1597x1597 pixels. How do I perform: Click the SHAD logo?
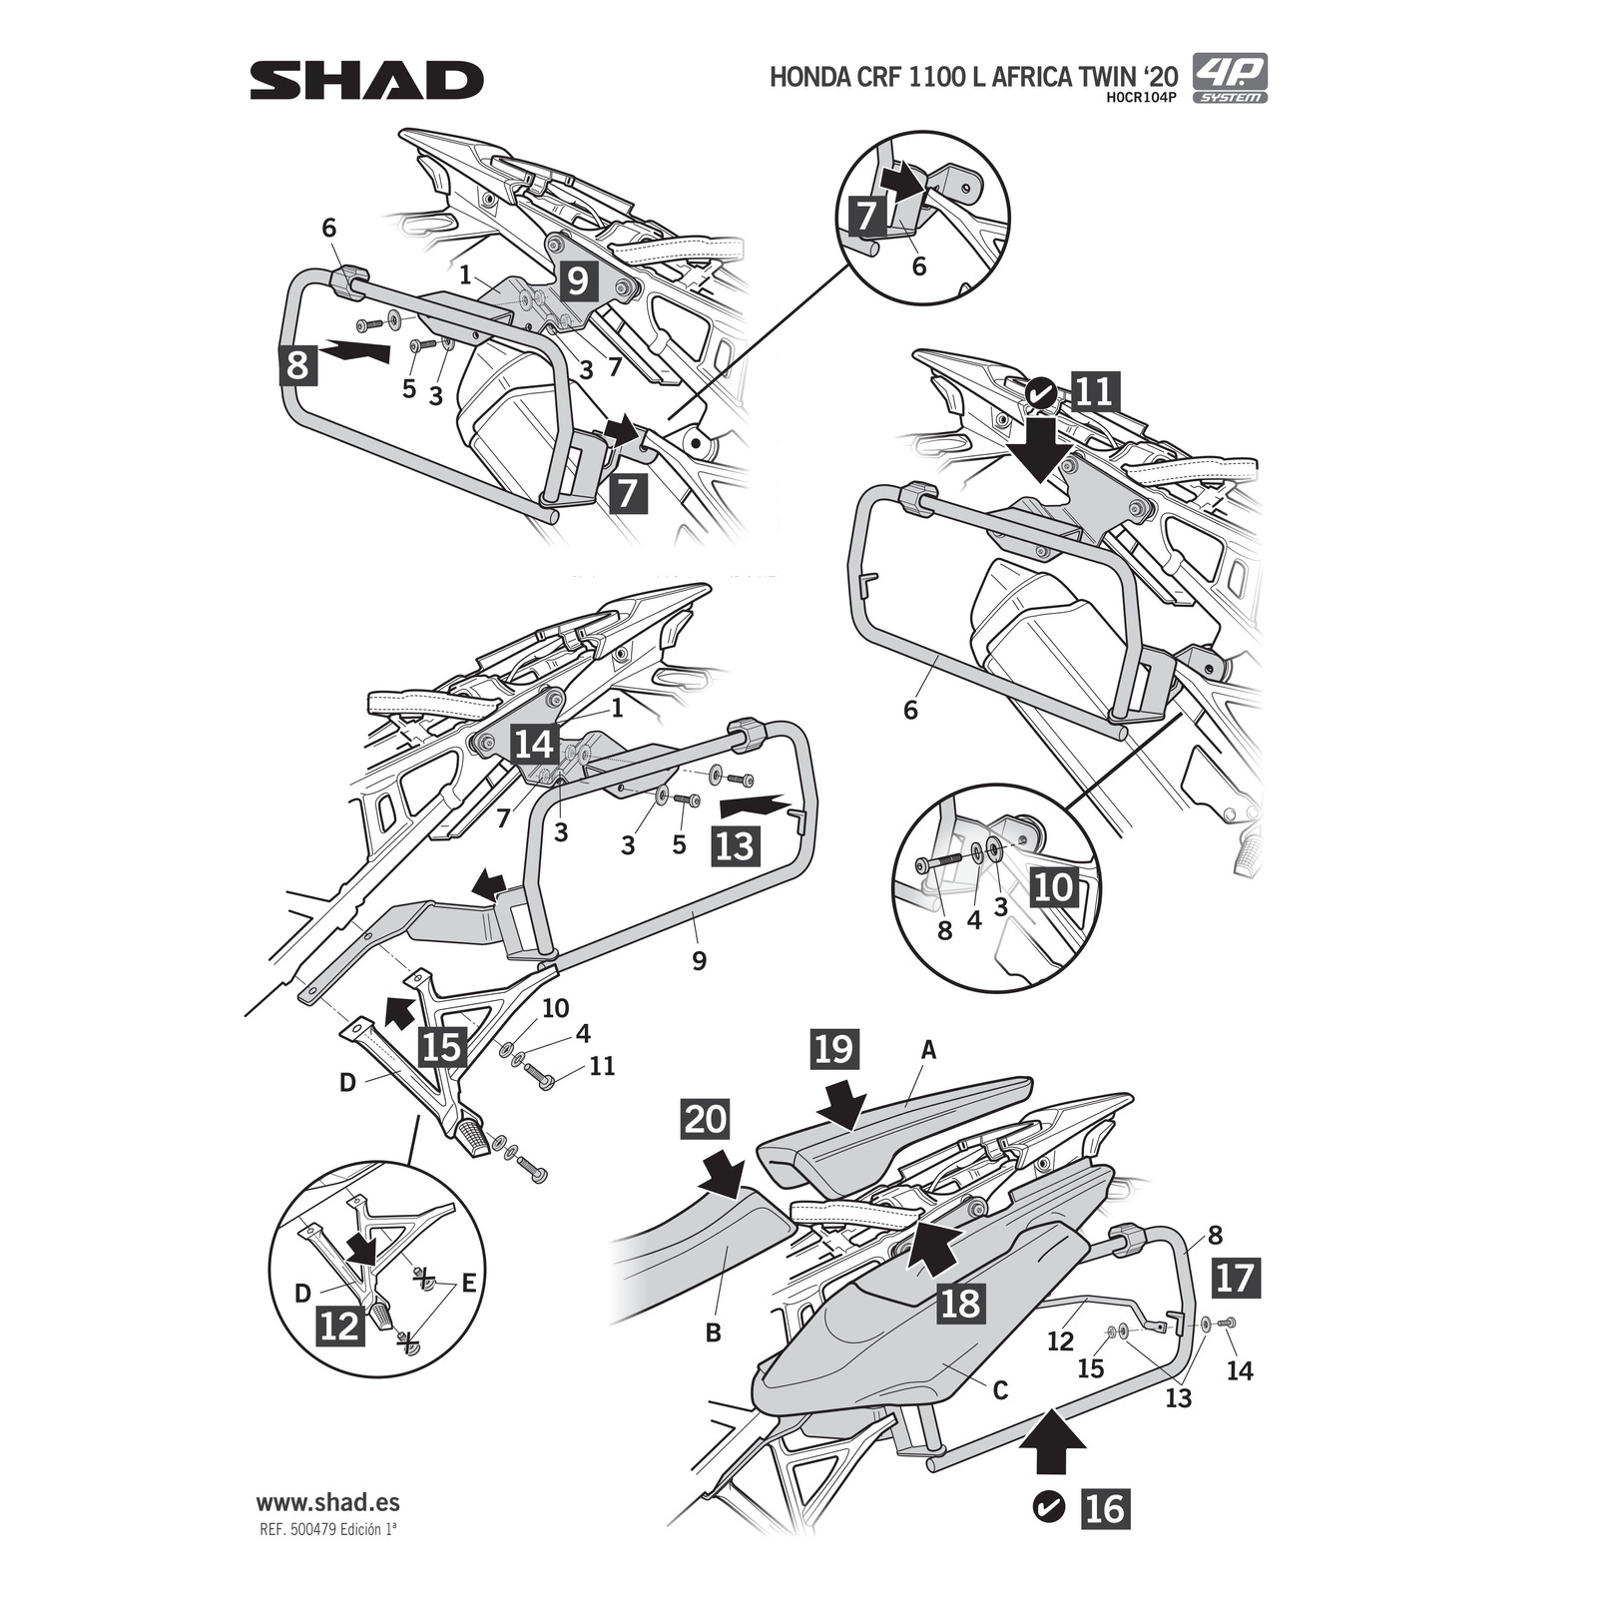366,80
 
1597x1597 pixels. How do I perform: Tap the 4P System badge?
1230,78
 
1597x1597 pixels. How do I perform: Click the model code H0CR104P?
1142,98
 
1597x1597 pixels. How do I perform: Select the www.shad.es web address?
328,1502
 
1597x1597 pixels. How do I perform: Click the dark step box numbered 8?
297,364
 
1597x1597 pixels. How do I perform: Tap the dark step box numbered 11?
1095,391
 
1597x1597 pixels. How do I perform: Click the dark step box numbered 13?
735,845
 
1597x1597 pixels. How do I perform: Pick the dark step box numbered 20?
706,1119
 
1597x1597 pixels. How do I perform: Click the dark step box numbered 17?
1235,1278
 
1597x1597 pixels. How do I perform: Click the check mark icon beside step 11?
1040,391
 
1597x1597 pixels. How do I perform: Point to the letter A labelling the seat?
929,1050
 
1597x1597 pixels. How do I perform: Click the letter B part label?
713,1332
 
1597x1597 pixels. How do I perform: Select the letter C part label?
999,1389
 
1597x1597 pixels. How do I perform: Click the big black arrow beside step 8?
356,351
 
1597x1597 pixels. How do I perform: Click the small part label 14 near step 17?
1239,1370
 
